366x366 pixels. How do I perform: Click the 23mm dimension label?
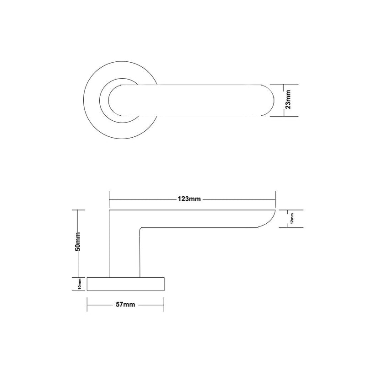pyautogui.click(x=289, y=99)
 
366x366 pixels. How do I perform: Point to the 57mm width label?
pyautogui.click(x=125, y=305)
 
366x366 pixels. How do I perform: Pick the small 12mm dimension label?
pyautogui.click(x=292, y=219)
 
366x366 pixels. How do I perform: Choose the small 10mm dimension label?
pyautogui.click(x=80, y=284)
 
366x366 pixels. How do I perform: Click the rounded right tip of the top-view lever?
pyautogui.click(x=274, y=100)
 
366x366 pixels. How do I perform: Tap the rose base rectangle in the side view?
pyautogui.click(x=125, y=284)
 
